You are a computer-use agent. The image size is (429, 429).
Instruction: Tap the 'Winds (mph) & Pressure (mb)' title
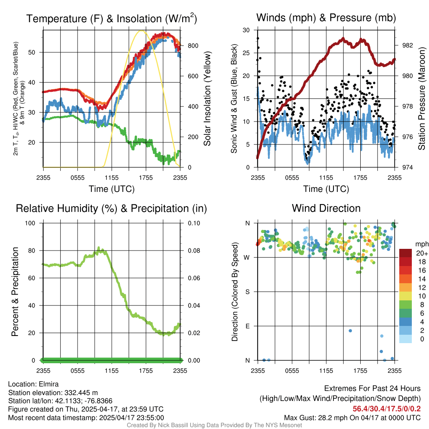point(326,18)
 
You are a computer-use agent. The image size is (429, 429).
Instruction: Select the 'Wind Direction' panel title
point(326,208)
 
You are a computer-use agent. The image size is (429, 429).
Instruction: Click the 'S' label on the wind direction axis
point(248,292)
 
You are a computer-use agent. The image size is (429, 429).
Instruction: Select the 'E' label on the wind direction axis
point(248,326)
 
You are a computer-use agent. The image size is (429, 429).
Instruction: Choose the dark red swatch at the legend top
point(405,253)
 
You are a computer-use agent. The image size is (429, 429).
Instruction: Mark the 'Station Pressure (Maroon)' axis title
point(422,98)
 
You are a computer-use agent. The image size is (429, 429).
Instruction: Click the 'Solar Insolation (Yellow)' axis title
point(207,98)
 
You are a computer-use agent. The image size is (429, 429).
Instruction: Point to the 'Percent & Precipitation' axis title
point(15,292)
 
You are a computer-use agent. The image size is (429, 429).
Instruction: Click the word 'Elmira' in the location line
point(47,384)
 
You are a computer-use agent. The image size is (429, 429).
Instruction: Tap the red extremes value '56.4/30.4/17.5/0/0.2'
point(386,409)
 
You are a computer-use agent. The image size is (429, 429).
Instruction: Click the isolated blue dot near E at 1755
point(350,331)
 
